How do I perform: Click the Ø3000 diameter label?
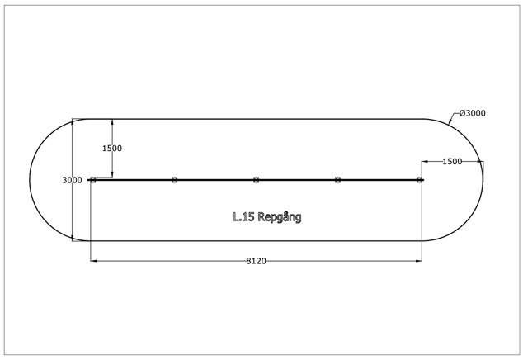(473, 113)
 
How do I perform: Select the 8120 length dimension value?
(256, 261)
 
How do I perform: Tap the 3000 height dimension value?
(72, 180)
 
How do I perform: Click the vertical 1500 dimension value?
(112, 149)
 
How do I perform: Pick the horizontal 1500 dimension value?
(452, 162)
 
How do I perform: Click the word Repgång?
(279, 217)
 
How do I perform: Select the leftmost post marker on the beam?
(93, 180)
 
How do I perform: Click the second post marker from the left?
(174, 180)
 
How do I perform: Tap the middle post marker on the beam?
(257, 180)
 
